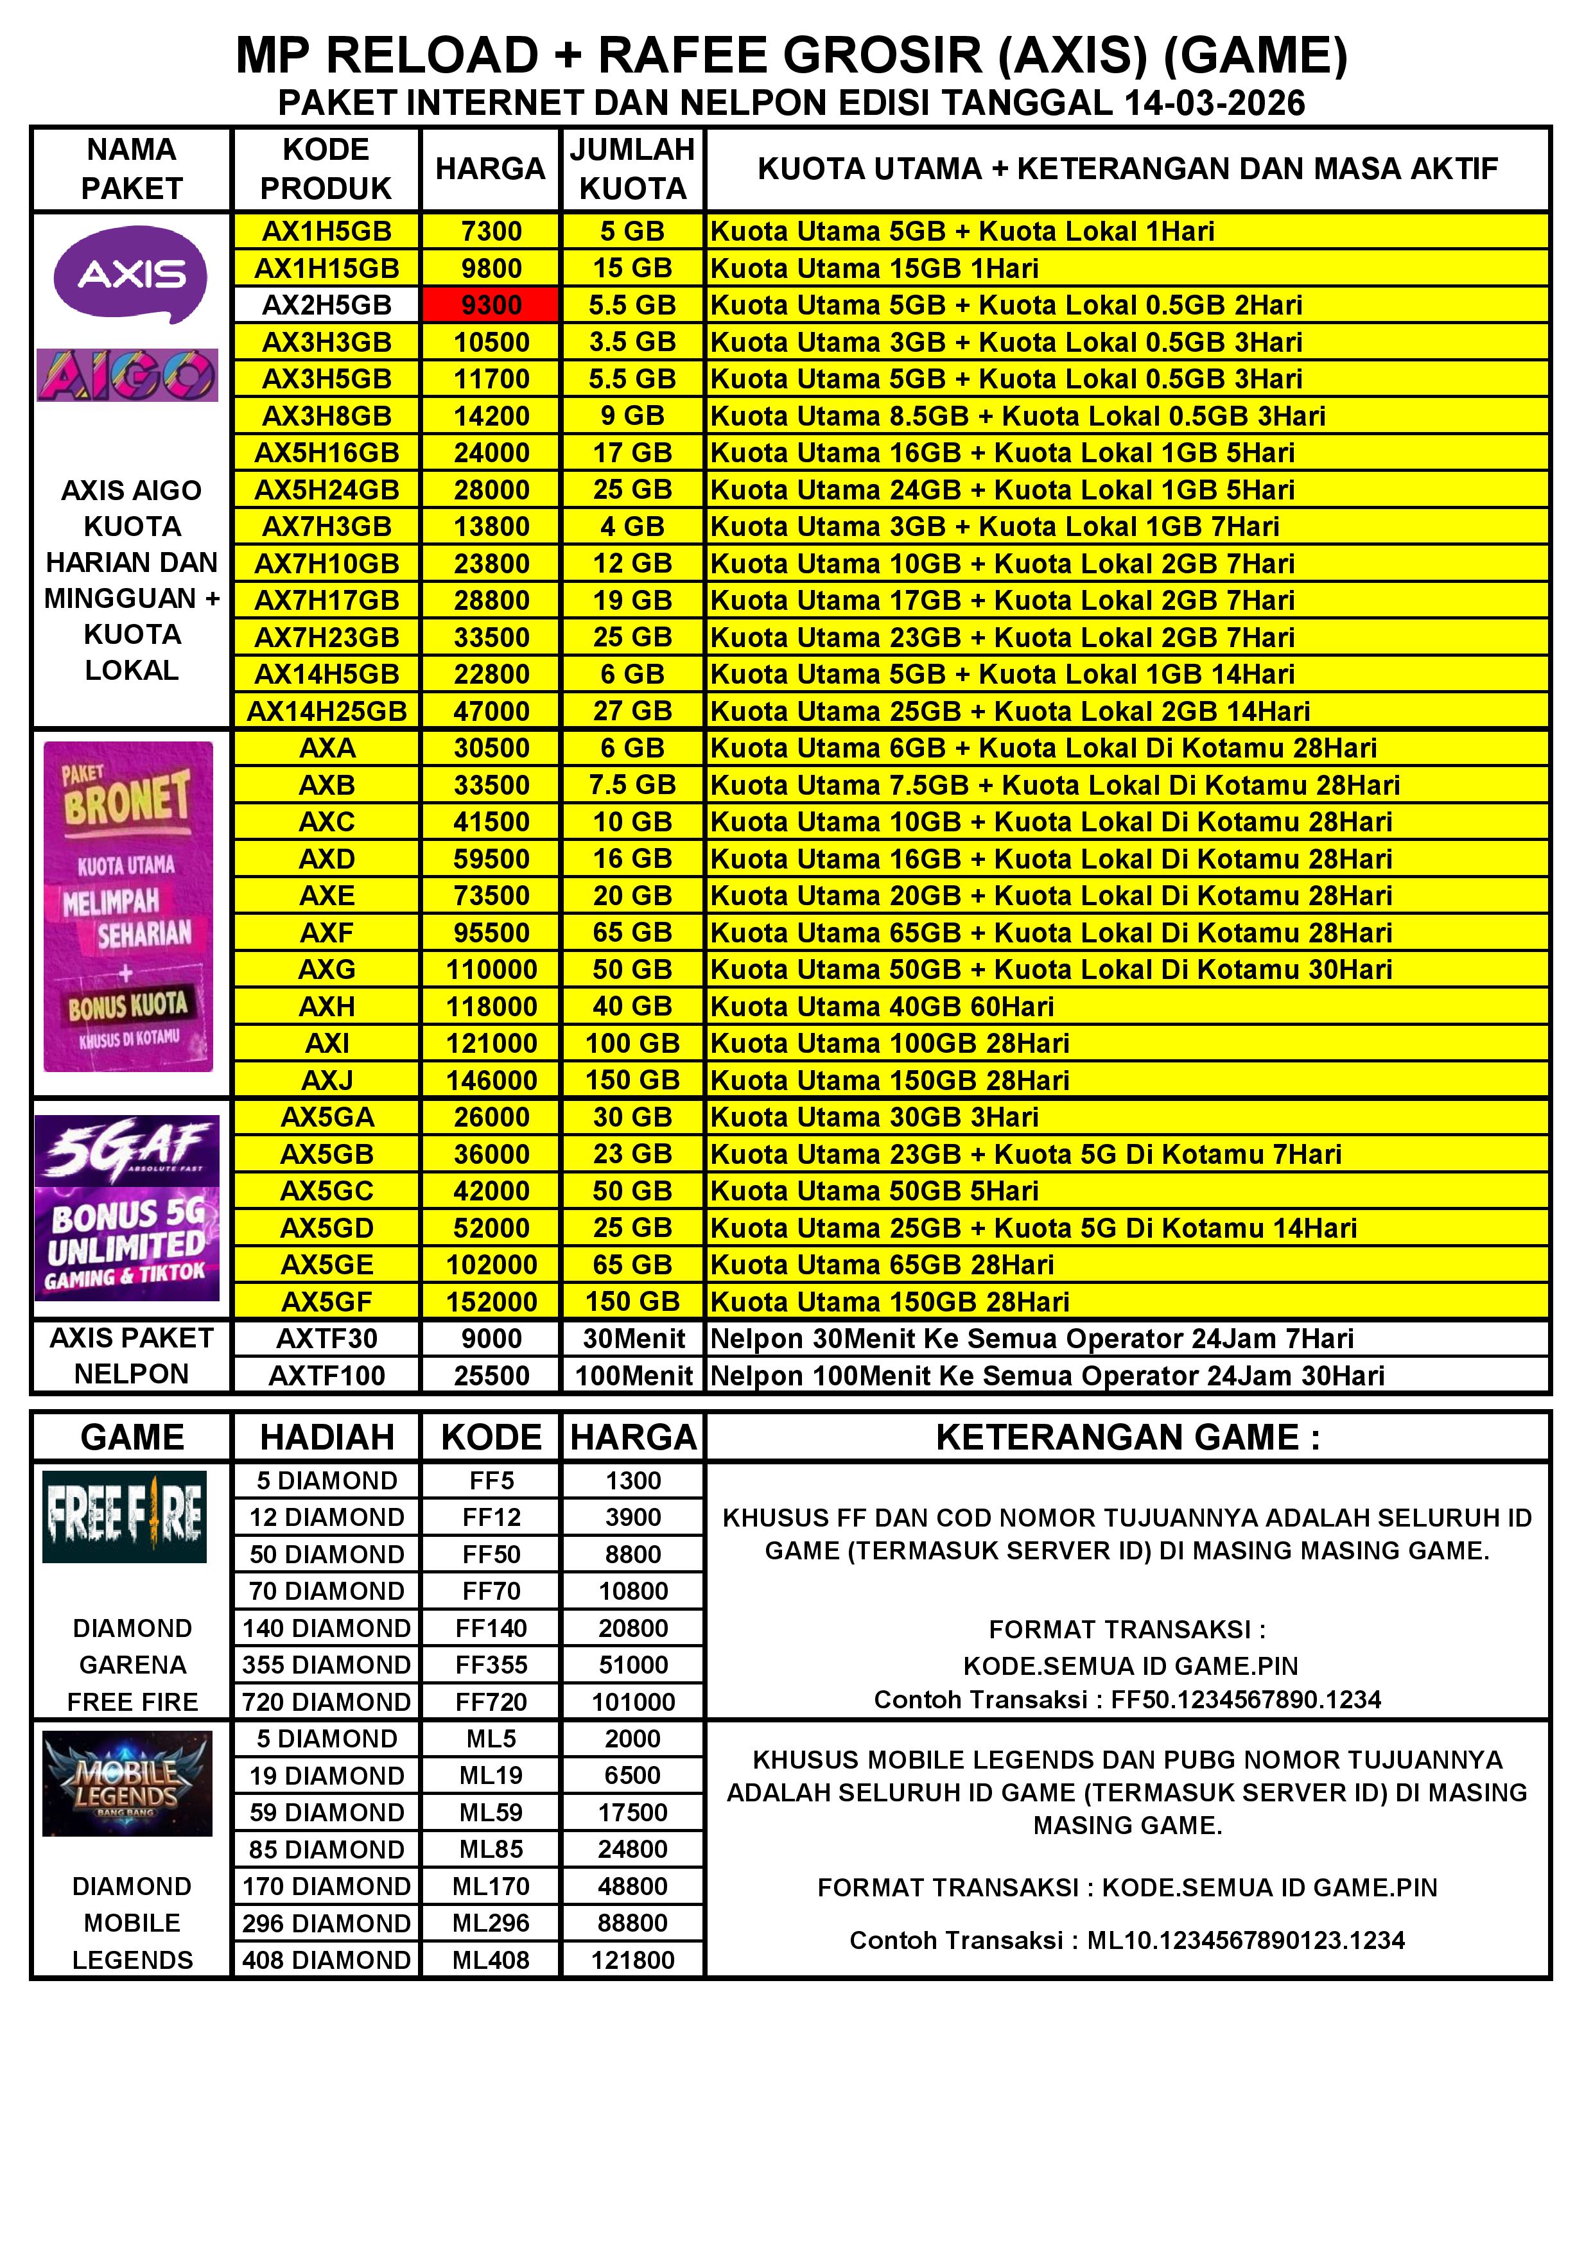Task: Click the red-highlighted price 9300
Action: (491, 305)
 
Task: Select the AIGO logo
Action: (128, 376)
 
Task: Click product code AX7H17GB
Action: (327, 600)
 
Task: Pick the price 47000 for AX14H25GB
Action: (491, 711)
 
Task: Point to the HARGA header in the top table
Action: (491, 169)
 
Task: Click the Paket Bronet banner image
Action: (128, 906)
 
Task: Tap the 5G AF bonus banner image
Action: (128, 1208)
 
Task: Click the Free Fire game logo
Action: (125, 1516)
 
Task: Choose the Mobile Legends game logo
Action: (128, 1783)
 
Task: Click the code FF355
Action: (491, 1665)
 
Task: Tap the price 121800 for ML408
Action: (632, 1960)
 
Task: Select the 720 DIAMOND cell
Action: (327, 1702)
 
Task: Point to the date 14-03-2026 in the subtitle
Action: (1214, 103)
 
